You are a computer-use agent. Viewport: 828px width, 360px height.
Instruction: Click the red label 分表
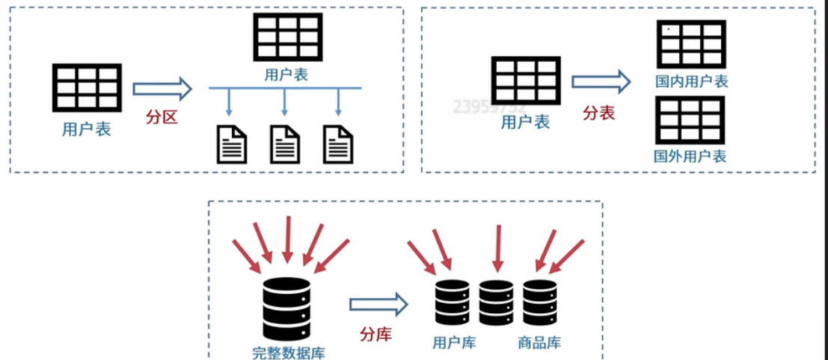599,113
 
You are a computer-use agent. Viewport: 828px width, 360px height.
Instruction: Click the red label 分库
376,333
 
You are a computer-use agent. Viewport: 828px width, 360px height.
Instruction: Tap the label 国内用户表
691,81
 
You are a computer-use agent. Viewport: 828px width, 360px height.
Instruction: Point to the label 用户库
454,343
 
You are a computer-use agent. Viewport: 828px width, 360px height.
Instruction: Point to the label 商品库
539,343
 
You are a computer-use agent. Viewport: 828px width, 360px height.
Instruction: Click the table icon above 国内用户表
691,45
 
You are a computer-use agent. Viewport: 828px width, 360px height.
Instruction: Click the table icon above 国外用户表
691,120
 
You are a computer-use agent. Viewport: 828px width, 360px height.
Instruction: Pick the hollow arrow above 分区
162,90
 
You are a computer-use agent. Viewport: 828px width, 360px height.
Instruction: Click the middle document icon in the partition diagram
284,144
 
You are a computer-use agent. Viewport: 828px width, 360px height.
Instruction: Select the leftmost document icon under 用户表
231,144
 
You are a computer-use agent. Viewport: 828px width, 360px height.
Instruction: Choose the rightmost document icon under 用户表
338,144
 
